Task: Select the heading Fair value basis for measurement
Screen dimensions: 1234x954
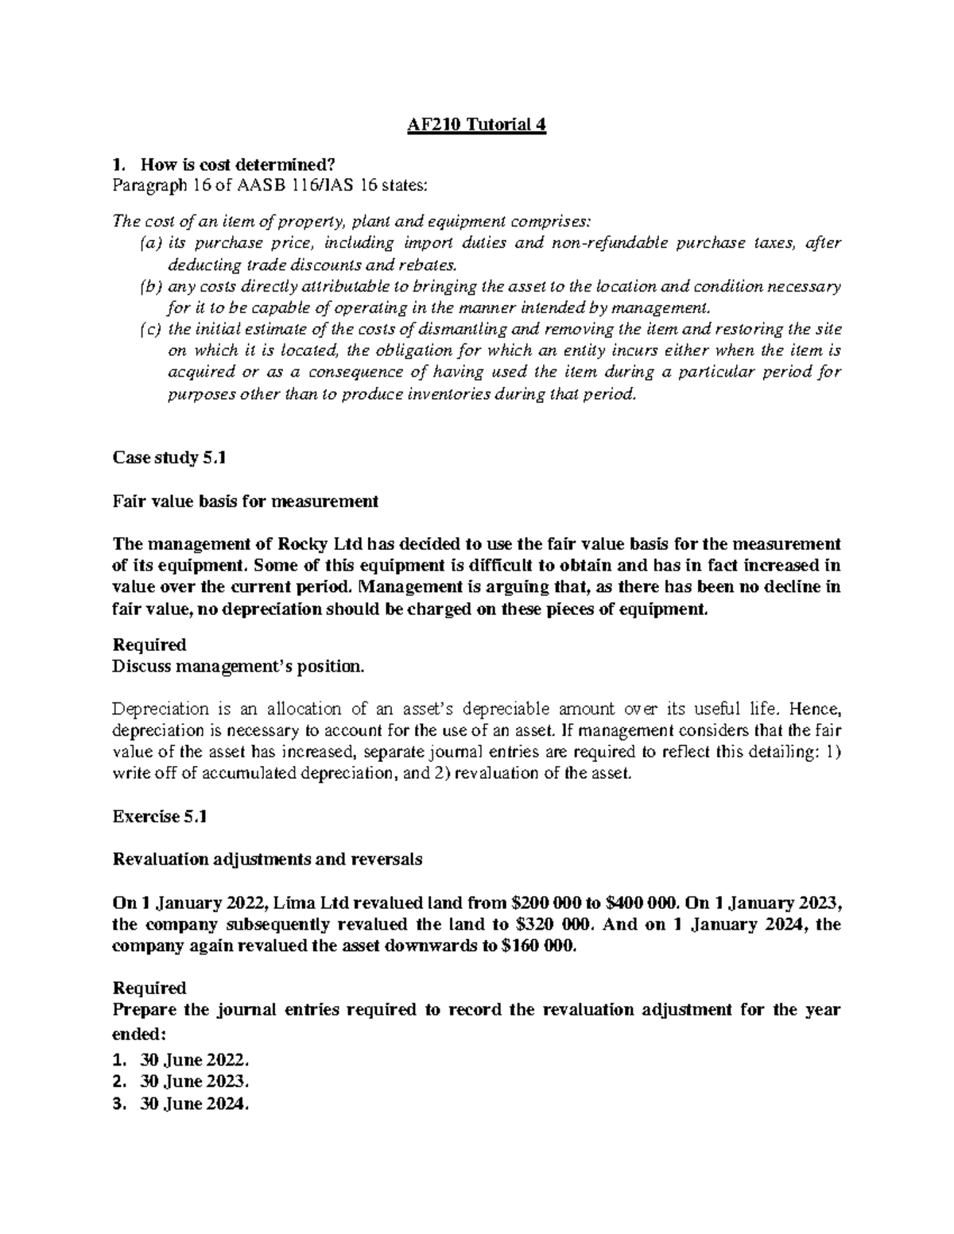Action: coord(246,501)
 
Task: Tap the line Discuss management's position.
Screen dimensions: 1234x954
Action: coord(238,667)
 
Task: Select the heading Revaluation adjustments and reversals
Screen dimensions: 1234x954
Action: coord(268,859)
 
